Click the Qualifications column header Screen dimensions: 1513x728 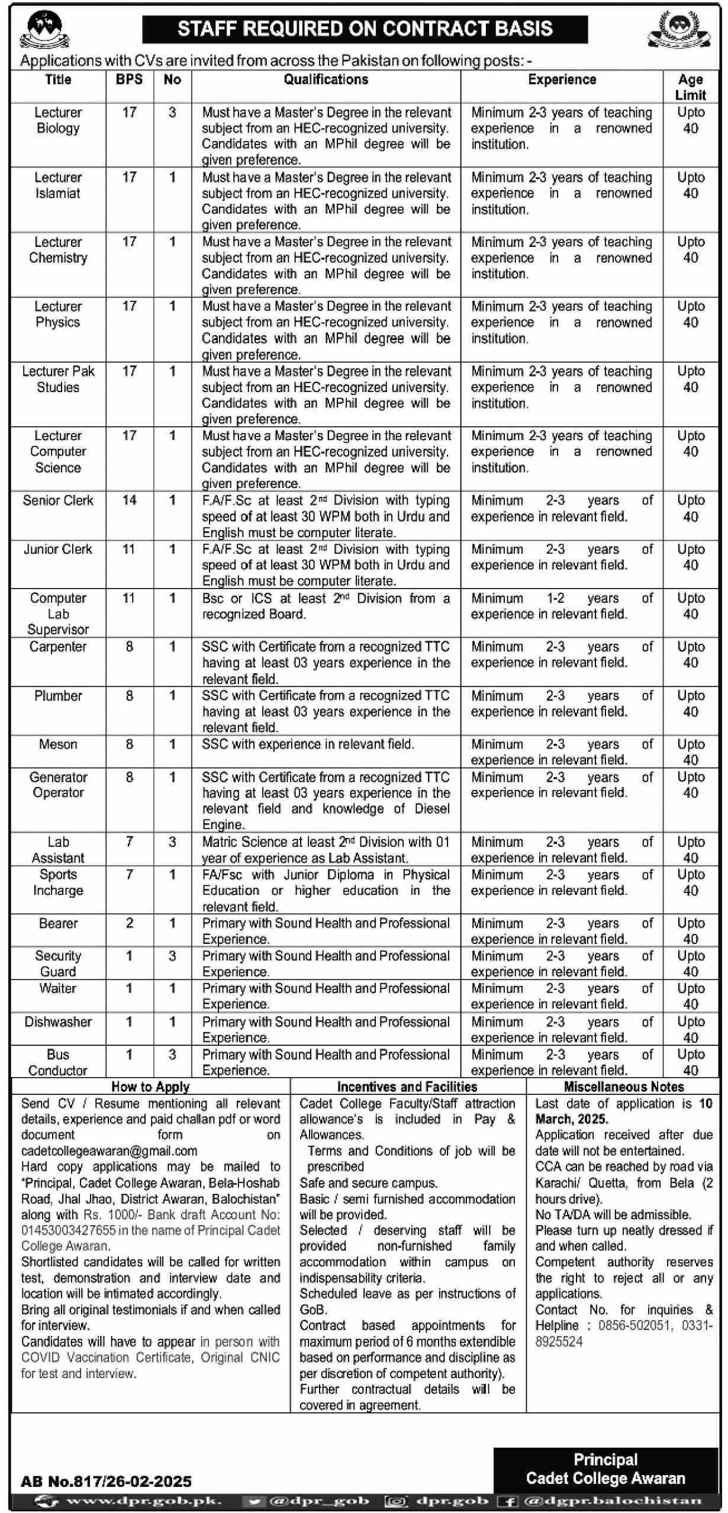pos(326,79)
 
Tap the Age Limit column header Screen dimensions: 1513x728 pos(690,87)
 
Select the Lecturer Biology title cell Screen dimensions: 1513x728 pos(58,120)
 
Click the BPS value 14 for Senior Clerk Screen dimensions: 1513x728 pos(129,500)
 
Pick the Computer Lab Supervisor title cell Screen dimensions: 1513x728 pos(58,613)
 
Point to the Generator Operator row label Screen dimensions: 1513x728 pos(58,785)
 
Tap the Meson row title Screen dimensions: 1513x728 pos(58,744)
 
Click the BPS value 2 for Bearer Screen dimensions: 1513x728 pos(129,923)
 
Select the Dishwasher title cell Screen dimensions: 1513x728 pos(58,1021)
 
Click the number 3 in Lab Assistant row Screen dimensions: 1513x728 pos(172,842)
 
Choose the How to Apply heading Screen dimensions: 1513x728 pos(150,1087)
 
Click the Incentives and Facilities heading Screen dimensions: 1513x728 pos(407,1087)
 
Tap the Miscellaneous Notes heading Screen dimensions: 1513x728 pos(624,1087)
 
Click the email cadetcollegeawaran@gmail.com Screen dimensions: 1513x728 pos(109,1151)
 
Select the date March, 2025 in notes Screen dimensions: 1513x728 pos(572,1119)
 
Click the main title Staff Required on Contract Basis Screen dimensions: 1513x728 pos(365,28)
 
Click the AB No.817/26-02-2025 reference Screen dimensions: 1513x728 pos(106,1481)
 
